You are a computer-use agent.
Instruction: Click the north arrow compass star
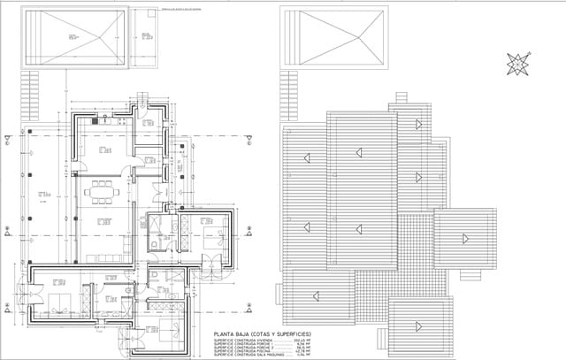pyautogui.click(x=518, y=64)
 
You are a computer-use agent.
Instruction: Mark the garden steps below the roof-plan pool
pyautogui.click(x=288, y=96)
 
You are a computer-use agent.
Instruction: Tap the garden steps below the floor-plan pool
pyautogui.click(x=30, y=96)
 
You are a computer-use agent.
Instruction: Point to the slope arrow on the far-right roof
pyautogui.click(x=463, y=237)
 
